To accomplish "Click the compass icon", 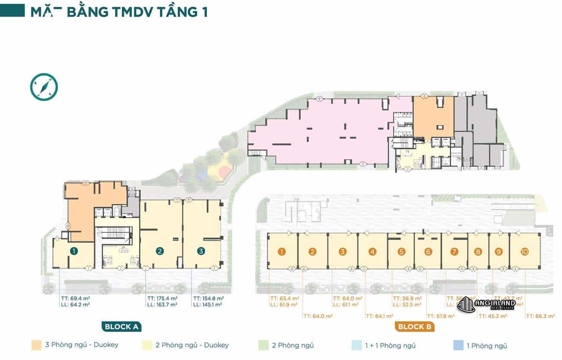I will [x=44, y=87].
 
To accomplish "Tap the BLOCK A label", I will [x=121, y=326].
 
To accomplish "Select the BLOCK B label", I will [x=414, y=326].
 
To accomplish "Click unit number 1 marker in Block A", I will [x=74, y=251].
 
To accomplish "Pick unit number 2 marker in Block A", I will [x=160, y=251].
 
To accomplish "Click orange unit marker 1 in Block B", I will [x=282, y=251].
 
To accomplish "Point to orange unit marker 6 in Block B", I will [x=428, y=251].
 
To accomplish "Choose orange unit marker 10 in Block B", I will [x=524, y=251].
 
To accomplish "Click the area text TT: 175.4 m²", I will [x=162, y=298].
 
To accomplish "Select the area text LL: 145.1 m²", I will [x=208, y=305].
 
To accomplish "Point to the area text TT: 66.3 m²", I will [x=540, y=316].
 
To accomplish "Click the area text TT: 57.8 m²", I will [x=441, y=316].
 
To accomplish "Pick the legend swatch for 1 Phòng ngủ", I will [x=458, y=345].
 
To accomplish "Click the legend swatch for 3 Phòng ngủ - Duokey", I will [x=36, y=345].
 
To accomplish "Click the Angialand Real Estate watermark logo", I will [x=486, y=305].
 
